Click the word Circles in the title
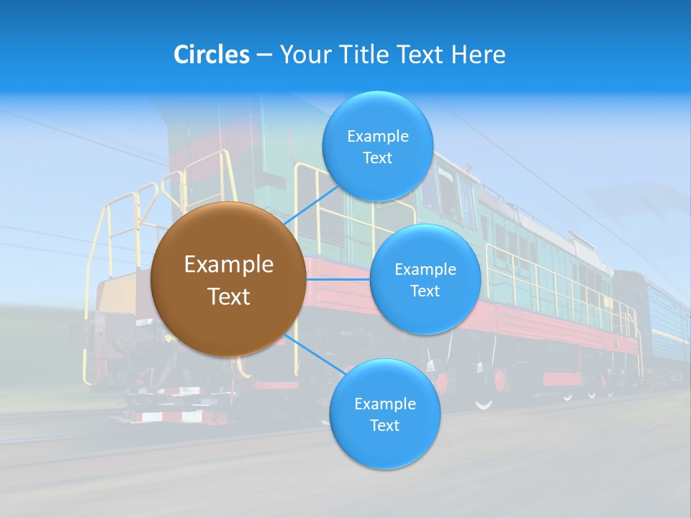[x=212, y=55]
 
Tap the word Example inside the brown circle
[x=229, y=265]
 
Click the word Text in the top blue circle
[x=377, y=158]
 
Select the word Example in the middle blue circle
[x=425, y=270]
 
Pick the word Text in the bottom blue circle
[x=384, y=426]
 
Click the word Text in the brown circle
[x=229, y=296]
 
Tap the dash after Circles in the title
[x=264, y=55]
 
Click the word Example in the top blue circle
[x=377, y=137]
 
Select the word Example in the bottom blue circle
[x=384, y=404]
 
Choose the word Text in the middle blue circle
[x=425, y=291]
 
